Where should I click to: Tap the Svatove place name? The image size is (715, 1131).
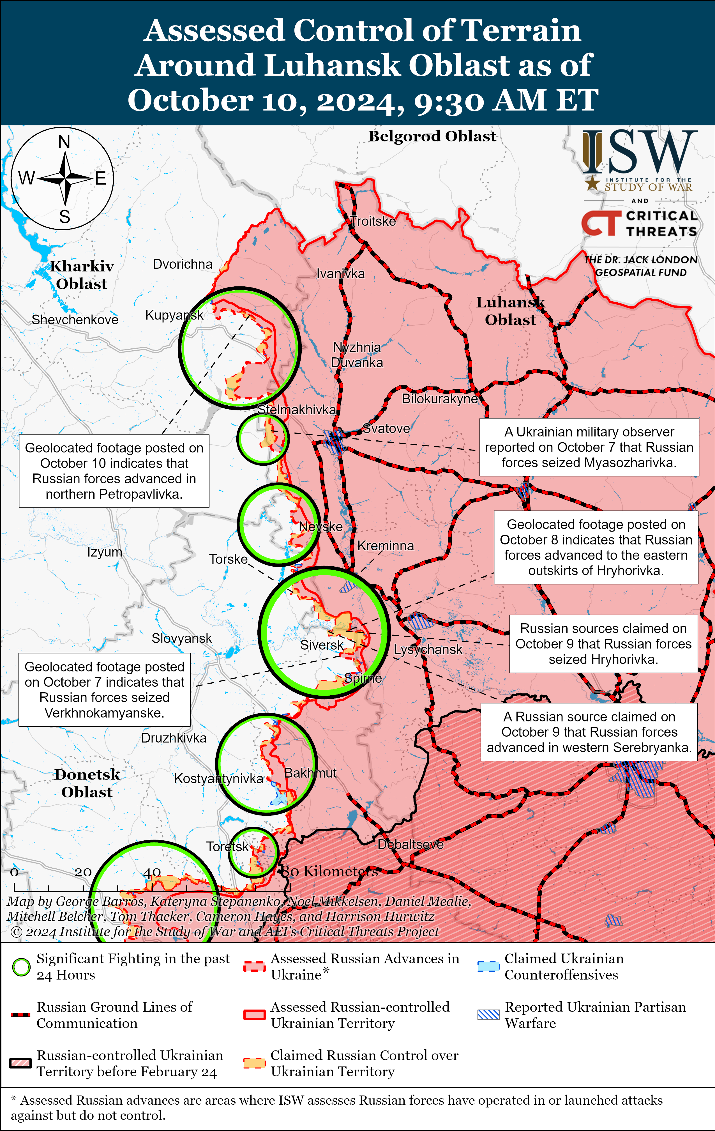coord(386,428)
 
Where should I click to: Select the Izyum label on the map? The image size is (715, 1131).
coord(105,552)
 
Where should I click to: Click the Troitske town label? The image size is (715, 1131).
coord(373,221)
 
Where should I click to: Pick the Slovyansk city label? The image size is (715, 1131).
coord(182,638)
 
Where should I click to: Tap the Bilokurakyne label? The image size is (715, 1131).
coord(439,399)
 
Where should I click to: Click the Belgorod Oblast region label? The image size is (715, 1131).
coord(432,136)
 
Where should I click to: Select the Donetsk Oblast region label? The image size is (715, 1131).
coord(87,783)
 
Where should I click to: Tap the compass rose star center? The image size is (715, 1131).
coord(65,178)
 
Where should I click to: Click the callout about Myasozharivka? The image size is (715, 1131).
coord(589,447)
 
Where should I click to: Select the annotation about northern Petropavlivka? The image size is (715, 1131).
coord(114,471)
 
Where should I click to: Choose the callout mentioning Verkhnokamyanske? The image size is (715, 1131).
coord(104,689)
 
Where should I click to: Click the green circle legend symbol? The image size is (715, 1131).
coord(21,967)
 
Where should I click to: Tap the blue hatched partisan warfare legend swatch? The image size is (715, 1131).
coord(488,1015)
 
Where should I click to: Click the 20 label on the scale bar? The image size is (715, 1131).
coord(83,872)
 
